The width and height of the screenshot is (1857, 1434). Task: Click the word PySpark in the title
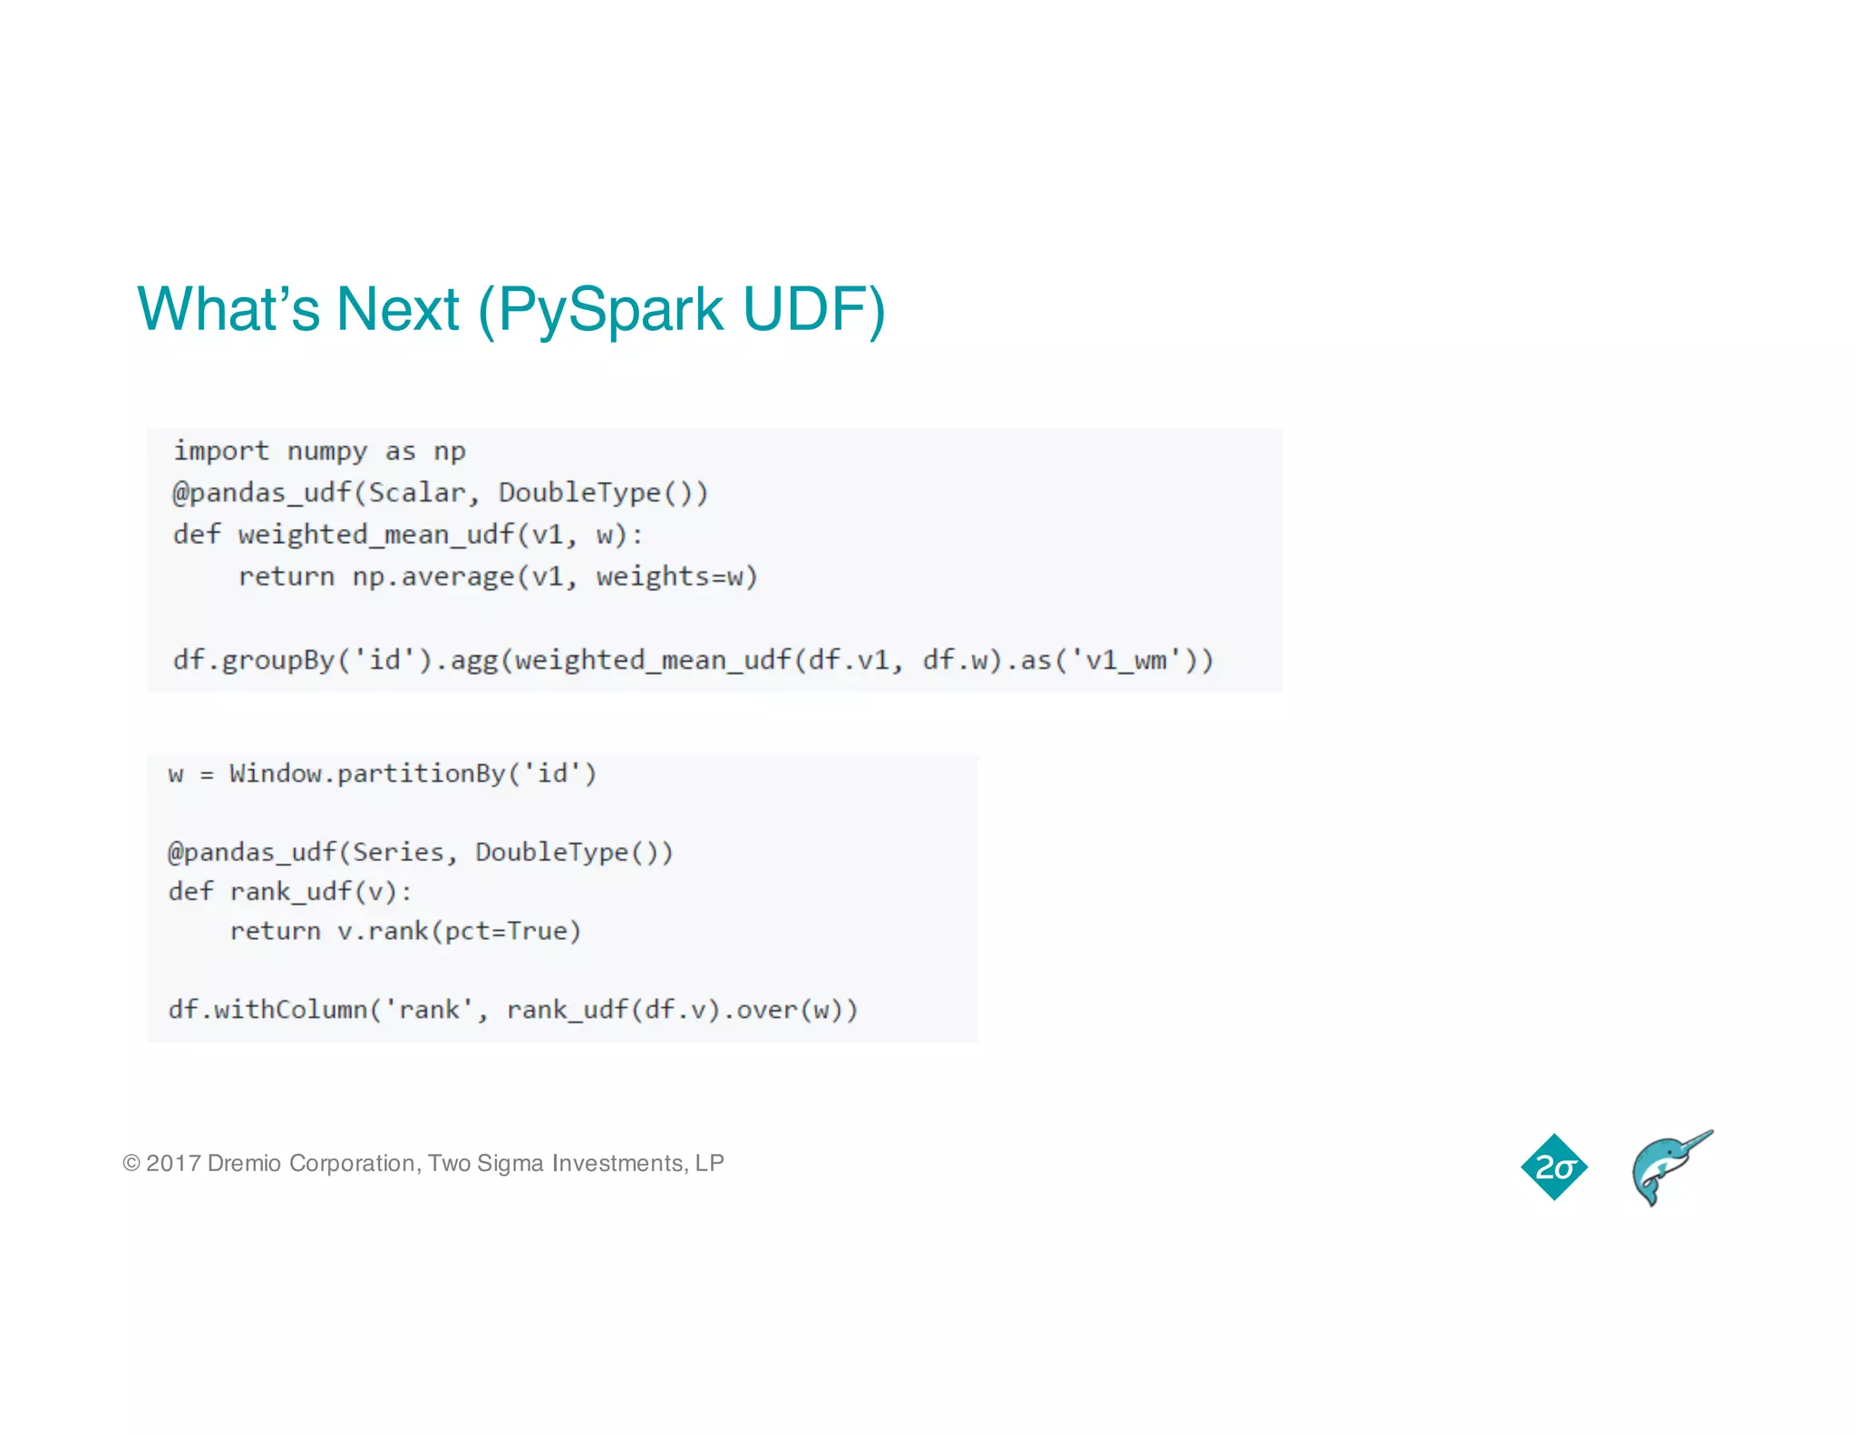[x=609, y=310]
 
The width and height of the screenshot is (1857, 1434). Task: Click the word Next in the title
[x=397, y=310]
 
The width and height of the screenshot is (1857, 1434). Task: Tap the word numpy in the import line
[x=327, y=451]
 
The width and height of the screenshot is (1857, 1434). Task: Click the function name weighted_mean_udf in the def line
[x=375, y=535]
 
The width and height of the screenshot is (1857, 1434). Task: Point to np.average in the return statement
[x=433, y=577]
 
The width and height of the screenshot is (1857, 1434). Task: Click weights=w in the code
[x=676, y=577]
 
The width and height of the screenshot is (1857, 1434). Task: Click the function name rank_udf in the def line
[x=290, y=892]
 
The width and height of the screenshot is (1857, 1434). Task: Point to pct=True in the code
[x=506, y=931]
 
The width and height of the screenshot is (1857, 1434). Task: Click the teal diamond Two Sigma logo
[x=1554, y=1167]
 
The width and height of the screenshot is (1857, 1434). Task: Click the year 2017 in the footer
[x=173, y=1163]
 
